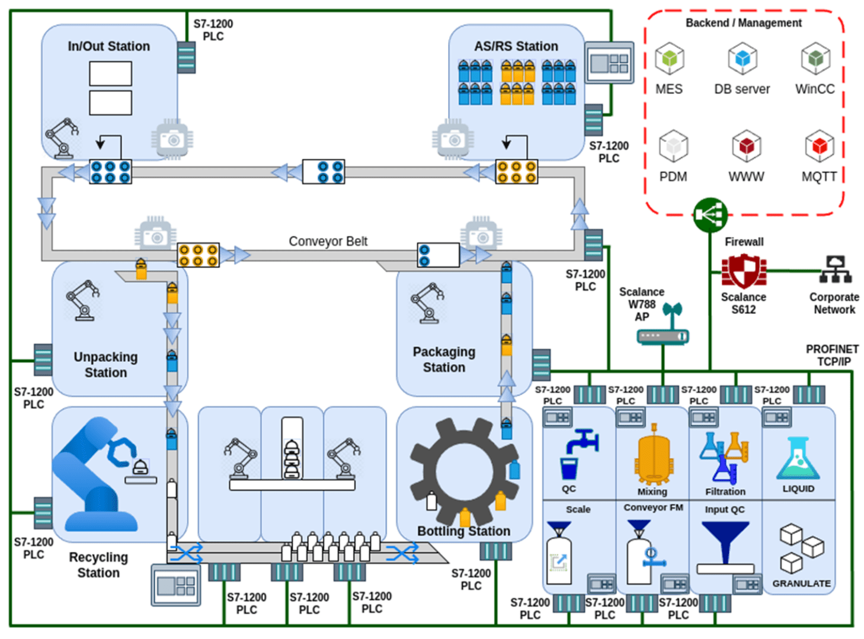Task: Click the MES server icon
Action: click(x=669, y=59)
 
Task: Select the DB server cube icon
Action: click(x=742, y=59)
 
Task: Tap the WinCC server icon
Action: click(x=815, y=59)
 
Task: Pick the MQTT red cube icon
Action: click(x=819, y=146)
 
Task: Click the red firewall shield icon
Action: click(x=744, y=272)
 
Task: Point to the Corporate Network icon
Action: click(x=835, y=270)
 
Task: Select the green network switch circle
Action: click(x=710, y=214)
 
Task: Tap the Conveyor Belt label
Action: click(x=328, y=241)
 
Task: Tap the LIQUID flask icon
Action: click(x=798, y=459)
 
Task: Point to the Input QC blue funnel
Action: click(x=725, y=541)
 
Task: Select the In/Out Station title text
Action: click(x=108, y=46)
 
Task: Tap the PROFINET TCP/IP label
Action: click(x=832, y=355)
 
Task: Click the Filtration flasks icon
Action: click(x=725, y=457)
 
